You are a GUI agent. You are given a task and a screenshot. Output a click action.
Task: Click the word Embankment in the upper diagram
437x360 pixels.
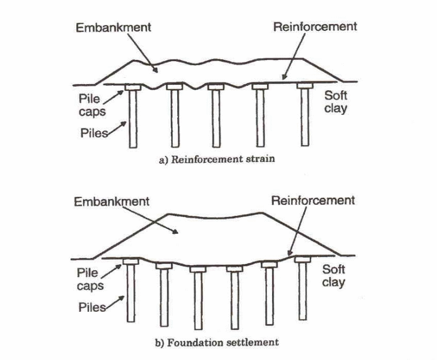pyautogui.click(x=113, y=27)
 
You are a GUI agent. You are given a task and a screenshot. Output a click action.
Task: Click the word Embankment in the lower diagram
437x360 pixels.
pyautogui.click(x=112, y=202)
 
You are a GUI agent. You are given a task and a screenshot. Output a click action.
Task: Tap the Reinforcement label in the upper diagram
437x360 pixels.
pyautogui.click(x=315, y=26)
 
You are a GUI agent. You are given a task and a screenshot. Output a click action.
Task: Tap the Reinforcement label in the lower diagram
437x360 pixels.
pyautogui.click(x=313, y=200)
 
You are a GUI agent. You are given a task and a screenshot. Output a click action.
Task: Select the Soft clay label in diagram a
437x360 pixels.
pyautogui.click(x=336, y=101)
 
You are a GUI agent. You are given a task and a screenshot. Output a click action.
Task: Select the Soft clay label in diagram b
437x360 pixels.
pyautogui.click(x=334, y=276)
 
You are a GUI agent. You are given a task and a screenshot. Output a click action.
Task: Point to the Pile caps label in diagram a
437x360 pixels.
pyautogui.click(x=90, y=104)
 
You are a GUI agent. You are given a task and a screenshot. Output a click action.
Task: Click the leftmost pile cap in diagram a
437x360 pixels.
pyautogui.click(x=133, y=87)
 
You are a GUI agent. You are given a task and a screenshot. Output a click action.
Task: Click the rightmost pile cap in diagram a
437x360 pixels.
pyautogui.click(x=305, y=86)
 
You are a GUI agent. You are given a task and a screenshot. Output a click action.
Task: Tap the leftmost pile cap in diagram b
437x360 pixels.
pyautogui.click(x=132, y=262)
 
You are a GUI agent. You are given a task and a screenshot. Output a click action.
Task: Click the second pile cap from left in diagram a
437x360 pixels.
pyautogui.click(x=174, y=88)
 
